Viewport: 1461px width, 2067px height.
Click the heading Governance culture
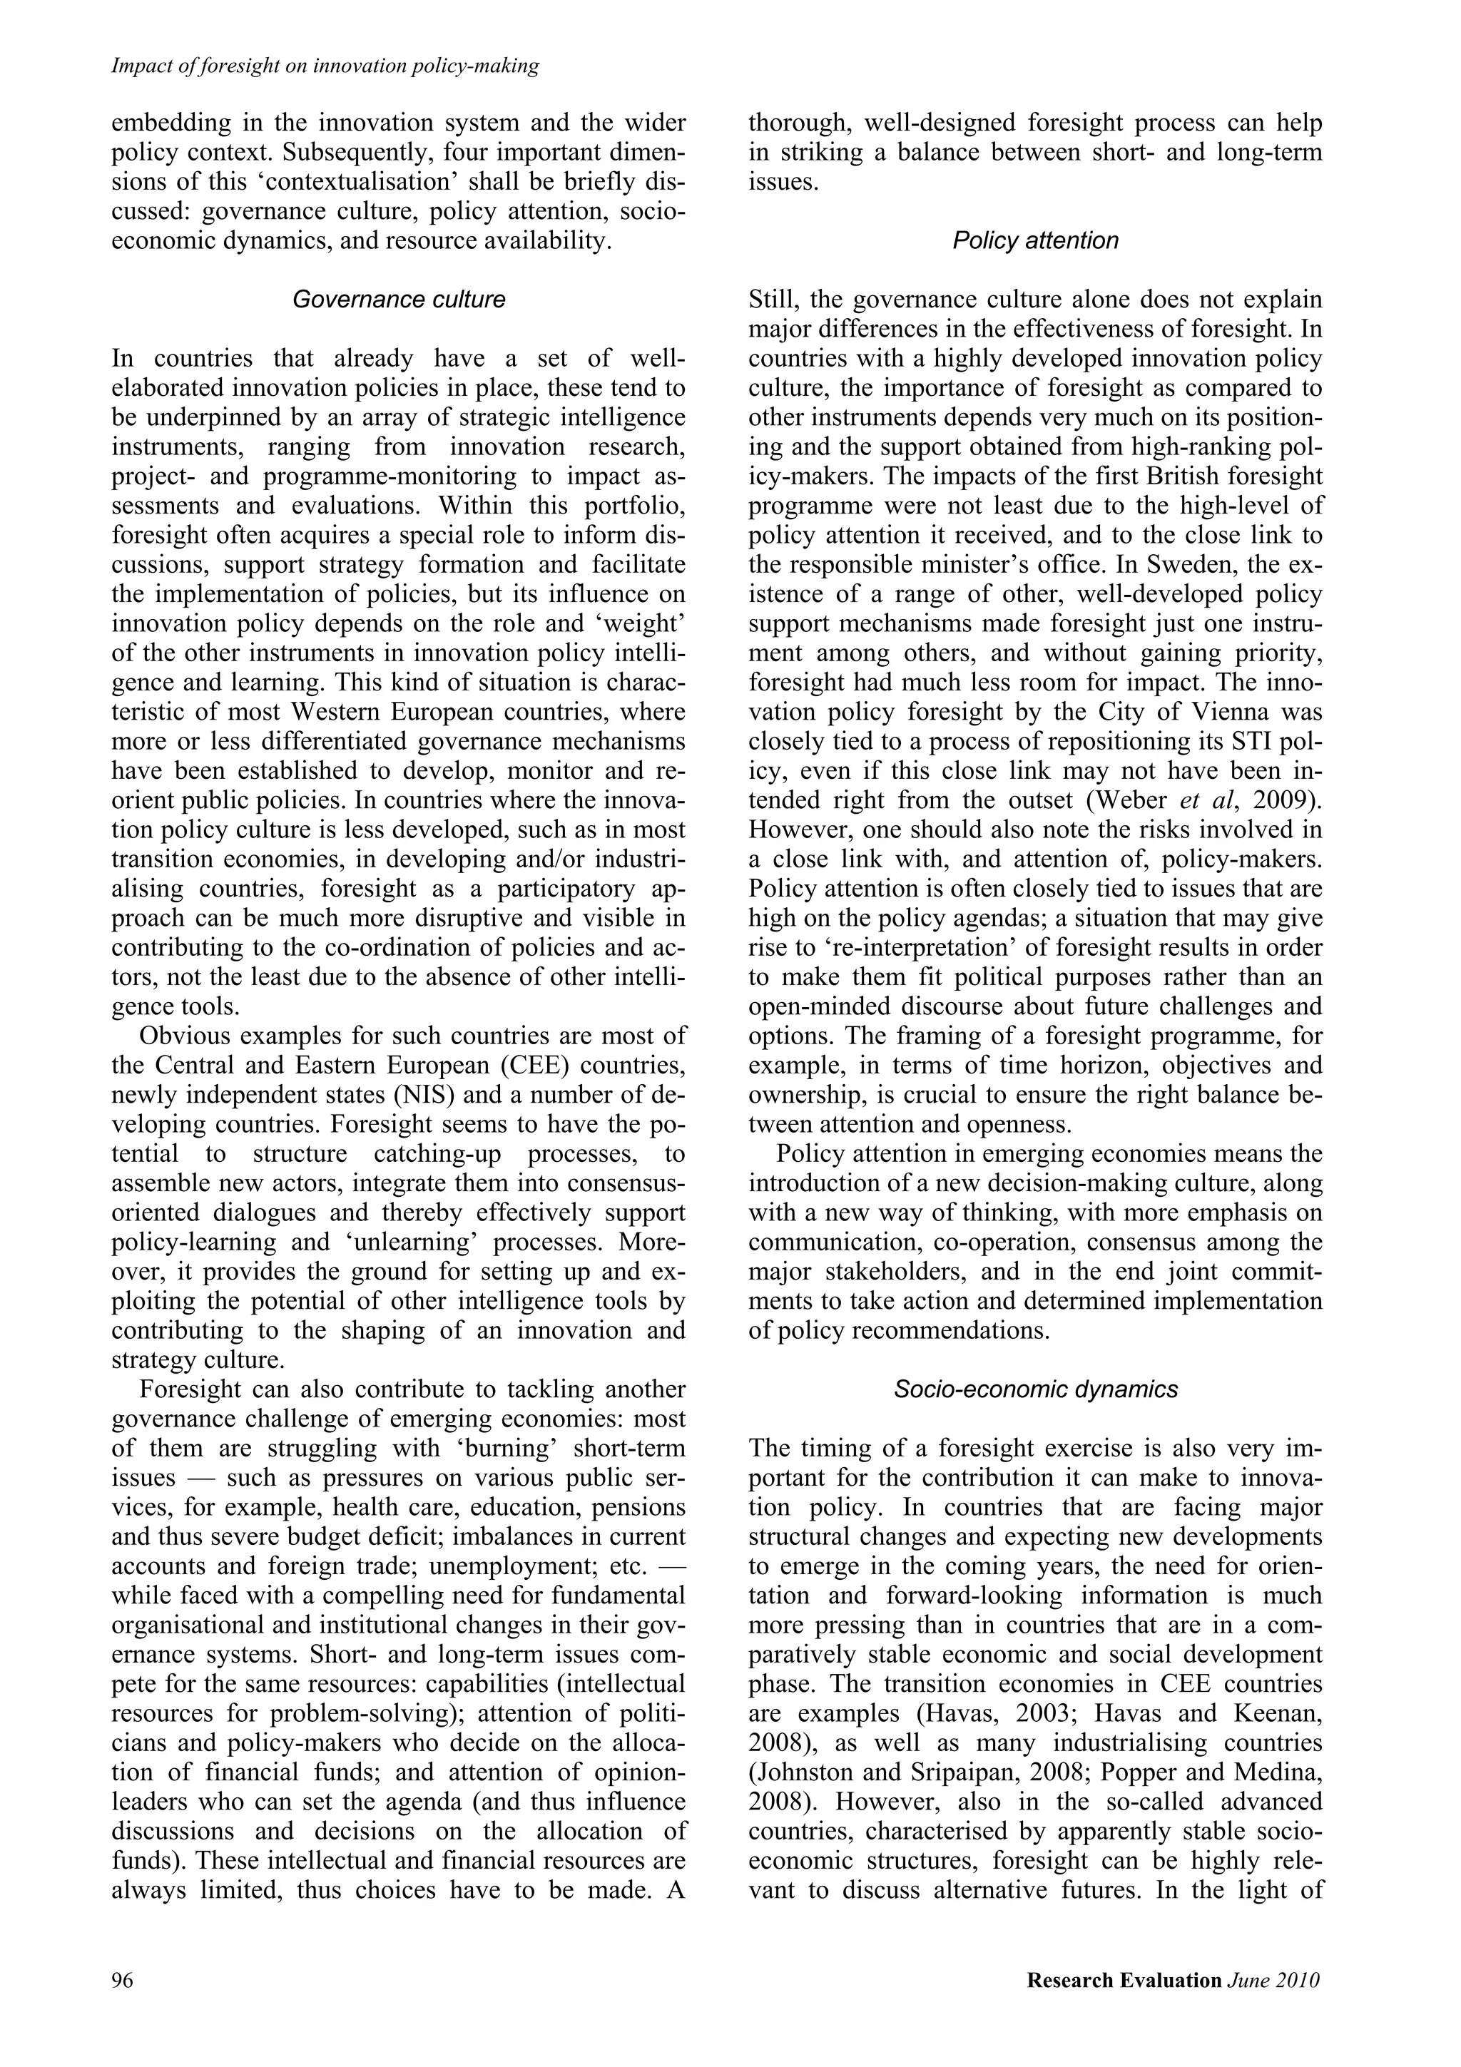[x=399, y=300]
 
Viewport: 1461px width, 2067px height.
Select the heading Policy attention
[x=1035, y=240]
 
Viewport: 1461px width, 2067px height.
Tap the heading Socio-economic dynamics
[x=1035, y=1389]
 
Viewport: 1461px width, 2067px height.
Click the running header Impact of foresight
[x=324, y=66]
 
